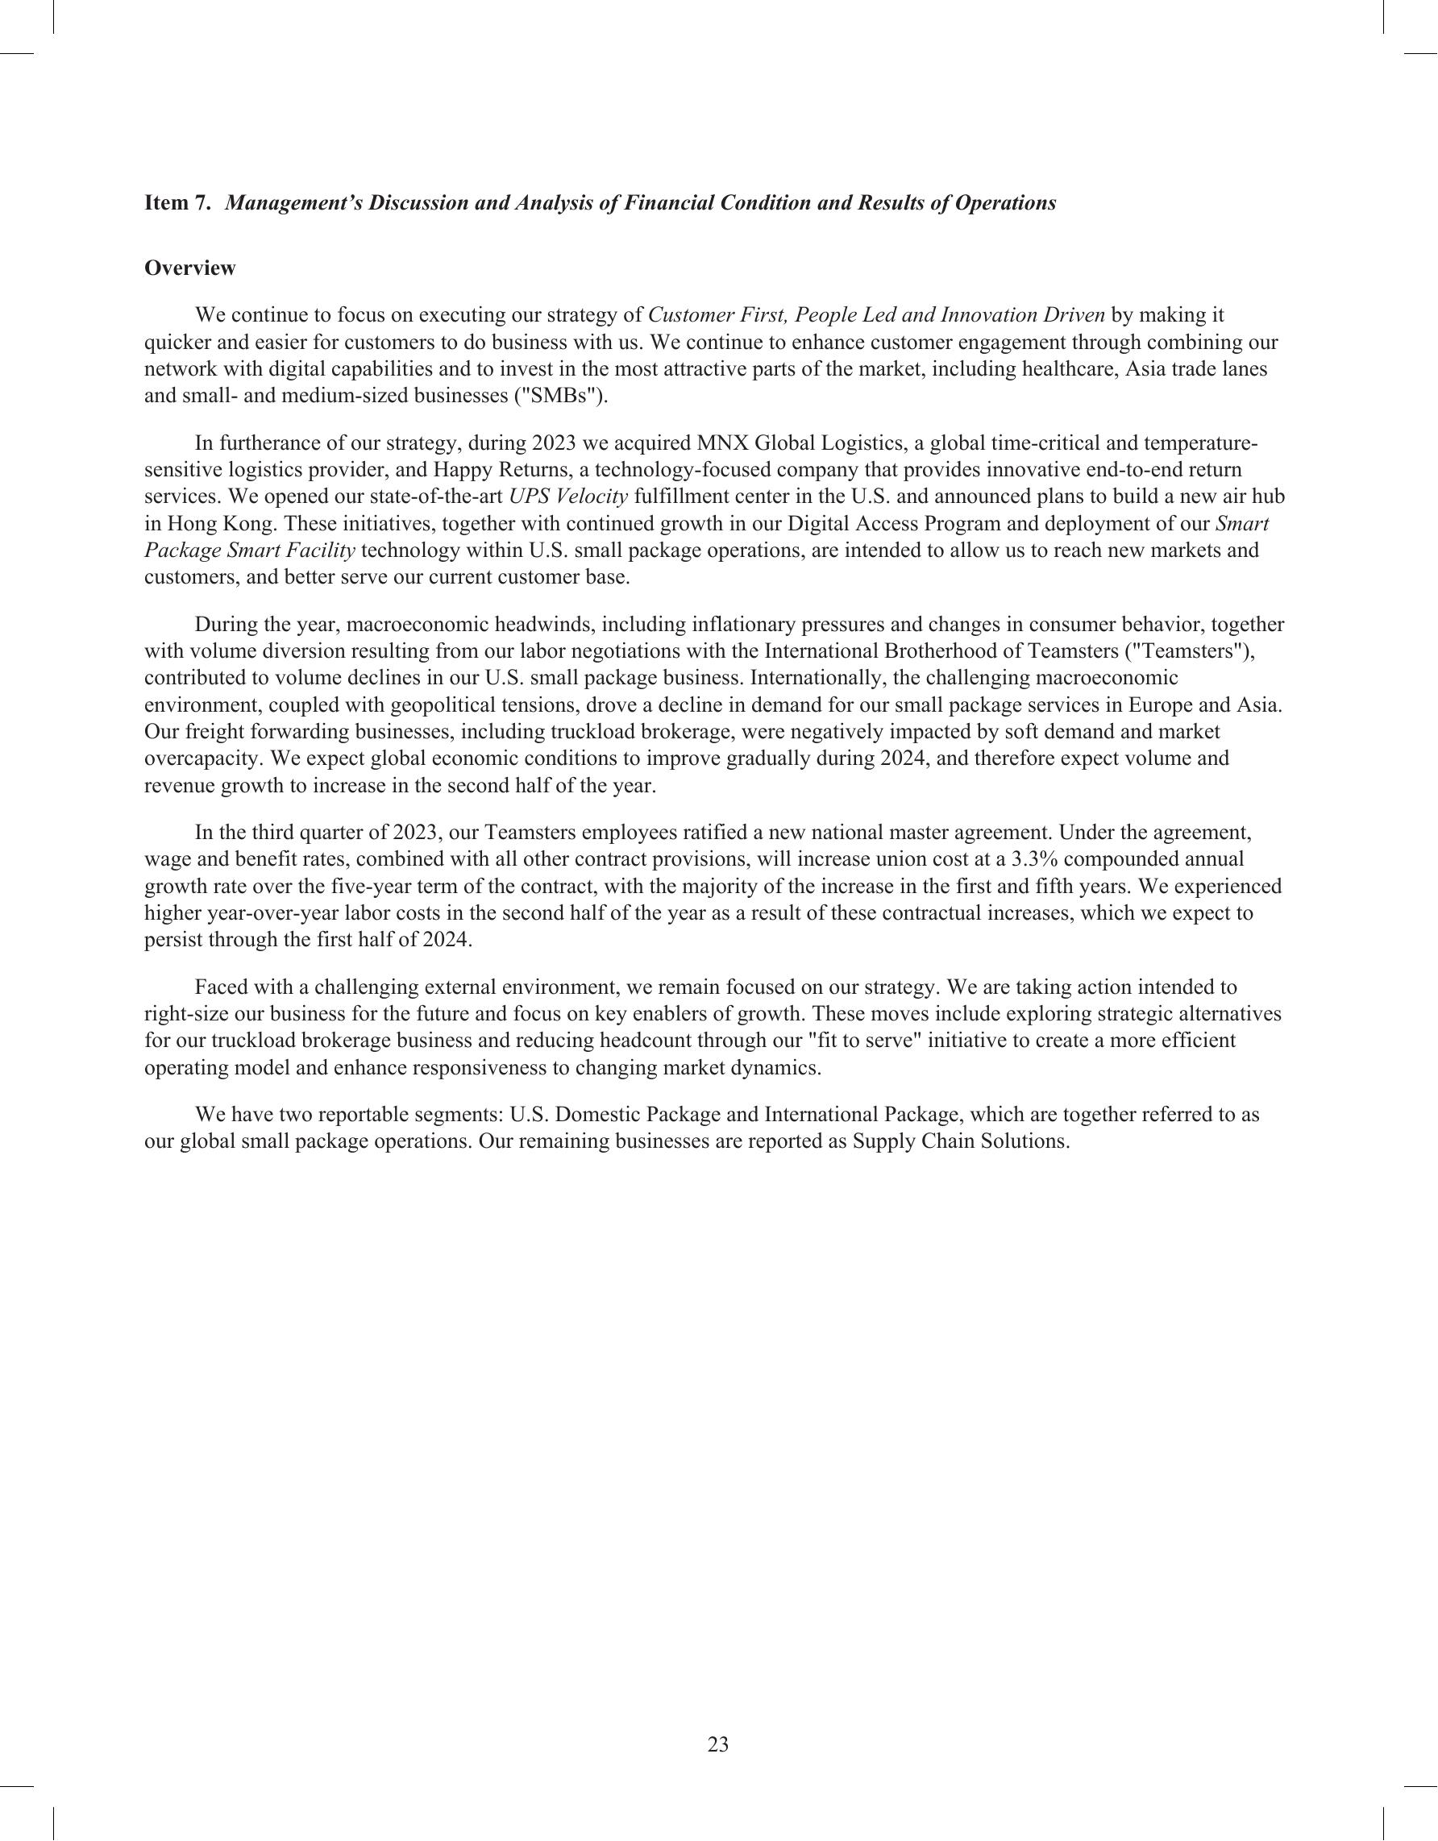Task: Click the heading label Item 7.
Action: click(178, 203)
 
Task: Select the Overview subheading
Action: click(189, 268)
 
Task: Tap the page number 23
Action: click(718, 1744)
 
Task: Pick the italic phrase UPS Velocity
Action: click(569, 497)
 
